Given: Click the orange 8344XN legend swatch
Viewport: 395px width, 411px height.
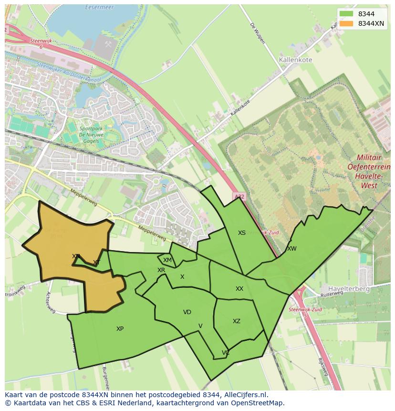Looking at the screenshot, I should pos(347,23).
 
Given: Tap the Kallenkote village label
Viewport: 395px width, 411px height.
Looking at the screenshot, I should pos(295,60).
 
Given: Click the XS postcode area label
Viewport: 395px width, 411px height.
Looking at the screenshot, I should pos(242,233).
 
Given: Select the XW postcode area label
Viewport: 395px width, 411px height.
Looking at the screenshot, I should pos(291,249).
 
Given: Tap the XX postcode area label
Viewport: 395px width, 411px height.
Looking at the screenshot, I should pos(239,289).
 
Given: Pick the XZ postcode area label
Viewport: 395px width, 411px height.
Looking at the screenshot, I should pos(237,321).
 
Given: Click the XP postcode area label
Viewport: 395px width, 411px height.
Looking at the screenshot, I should pos(120,329).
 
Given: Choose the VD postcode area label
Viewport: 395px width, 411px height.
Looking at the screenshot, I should pos(187,312).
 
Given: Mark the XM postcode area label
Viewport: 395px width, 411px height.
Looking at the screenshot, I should pos(167,260).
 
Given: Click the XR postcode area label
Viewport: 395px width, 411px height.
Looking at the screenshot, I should pos(161,270).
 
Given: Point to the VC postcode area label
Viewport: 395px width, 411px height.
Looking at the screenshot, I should pos(226,353).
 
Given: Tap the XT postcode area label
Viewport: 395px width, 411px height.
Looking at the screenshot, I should pos(96,263).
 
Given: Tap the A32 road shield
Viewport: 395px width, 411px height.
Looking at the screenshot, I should pos(239,196).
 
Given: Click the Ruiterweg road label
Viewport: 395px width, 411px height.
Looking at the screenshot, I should pos(333,295).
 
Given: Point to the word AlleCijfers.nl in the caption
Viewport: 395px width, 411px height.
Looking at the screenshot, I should pos(245,395).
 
